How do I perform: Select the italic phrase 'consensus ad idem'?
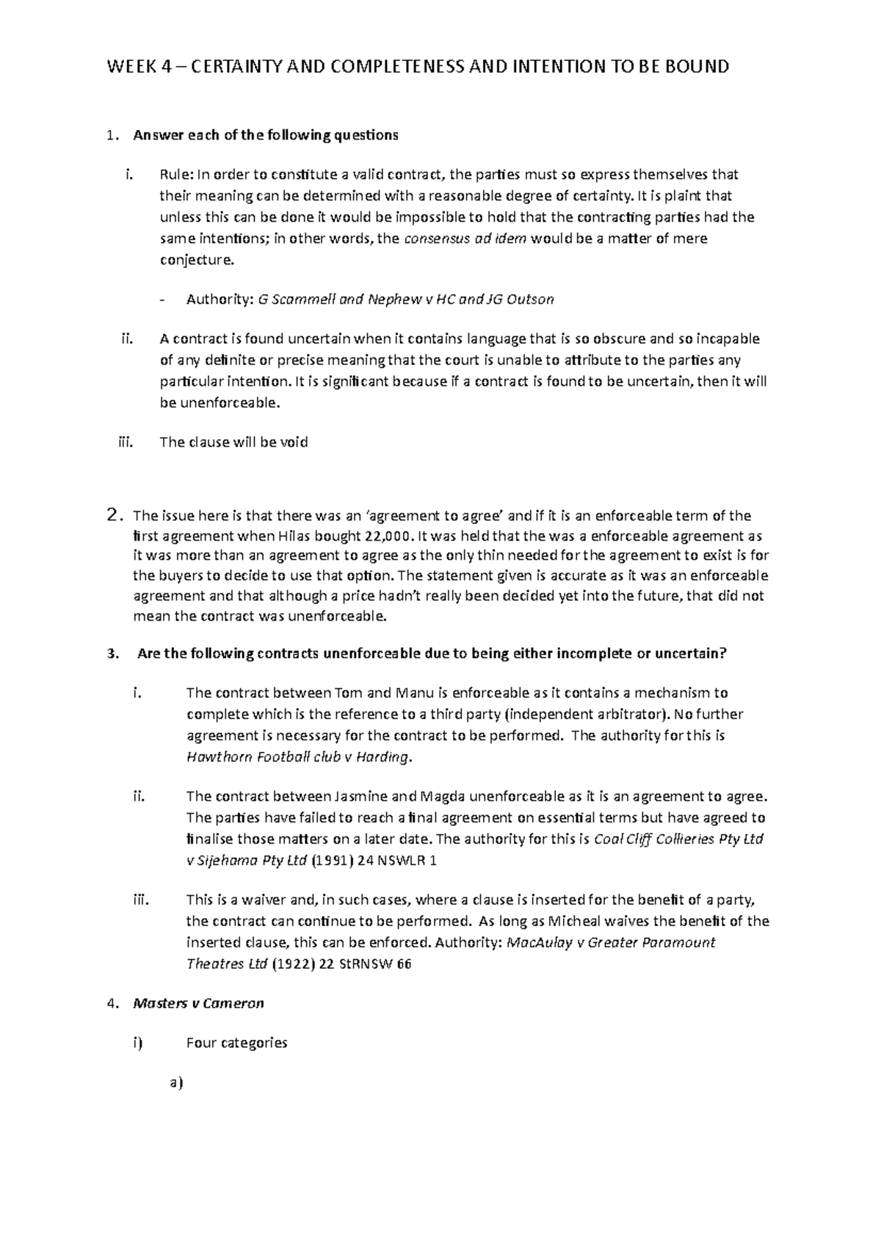tap(465, 239)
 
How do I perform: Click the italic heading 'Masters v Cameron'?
tap(198, 1003)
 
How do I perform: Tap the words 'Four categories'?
tap(236, 1042)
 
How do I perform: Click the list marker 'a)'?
tap(175, 1082)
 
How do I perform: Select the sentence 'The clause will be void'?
tap(233, 442)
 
